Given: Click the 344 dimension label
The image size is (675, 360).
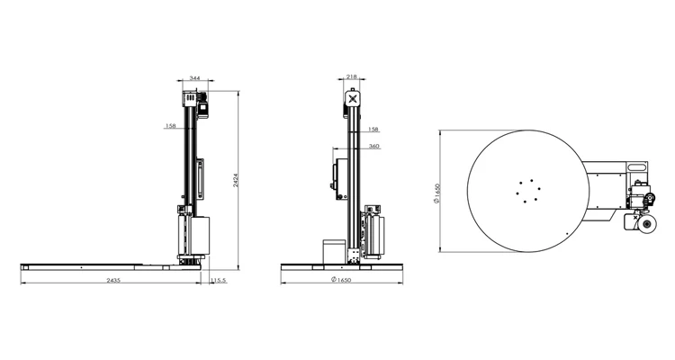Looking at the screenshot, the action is (x=195, y=78).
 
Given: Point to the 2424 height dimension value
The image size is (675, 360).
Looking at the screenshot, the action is (x=236, y=180).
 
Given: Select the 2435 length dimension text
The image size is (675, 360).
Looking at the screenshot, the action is (x=113, y=280).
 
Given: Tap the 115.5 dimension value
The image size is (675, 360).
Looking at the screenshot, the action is (x=219, y=280).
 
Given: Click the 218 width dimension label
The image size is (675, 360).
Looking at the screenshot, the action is (x=352, y=76).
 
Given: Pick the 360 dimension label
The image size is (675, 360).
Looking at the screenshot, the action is (x=374, y=146).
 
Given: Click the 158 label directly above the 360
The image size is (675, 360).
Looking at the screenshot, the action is (x=373, y=130).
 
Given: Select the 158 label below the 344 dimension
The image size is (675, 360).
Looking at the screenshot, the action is (x=170, y=126).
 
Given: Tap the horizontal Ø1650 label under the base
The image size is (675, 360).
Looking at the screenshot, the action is (x=341, y=280).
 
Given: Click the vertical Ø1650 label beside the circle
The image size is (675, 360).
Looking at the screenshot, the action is (x=436, y=193).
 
